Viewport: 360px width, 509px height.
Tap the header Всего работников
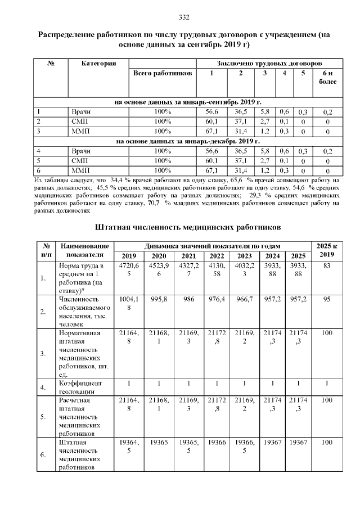[163, 73]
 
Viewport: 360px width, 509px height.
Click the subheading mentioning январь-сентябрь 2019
[187, 102]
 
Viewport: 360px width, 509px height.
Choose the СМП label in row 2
[77, 121]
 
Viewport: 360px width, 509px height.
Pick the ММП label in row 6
[77, 170]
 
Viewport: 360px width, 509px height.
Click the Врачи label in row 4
[77, 151]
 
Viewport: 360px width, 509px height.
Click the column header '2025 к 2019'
[327, 250]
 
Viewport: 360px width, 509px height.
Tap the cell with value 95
[327, 300]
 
